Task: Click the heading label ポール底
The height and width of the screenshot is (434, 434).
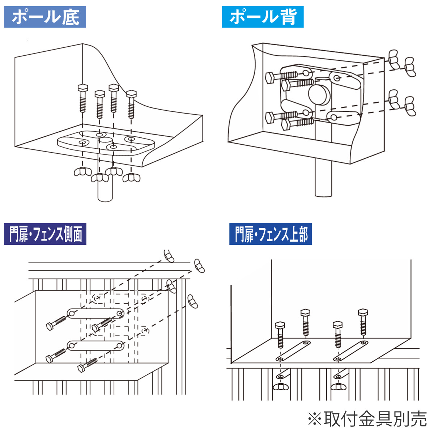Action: click(x=45, y=17)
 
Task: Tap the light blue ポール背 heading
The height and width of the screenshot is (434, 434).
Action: click(x=263, y=17)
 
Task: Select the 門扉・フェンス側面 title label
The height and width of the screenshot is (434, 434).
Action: click(x=45, y=234)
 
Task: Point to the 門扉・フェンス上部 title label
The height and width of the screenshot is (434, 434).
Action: click(x=271, y=234)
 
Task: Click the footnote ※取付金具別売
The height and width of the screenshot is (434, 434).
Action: click(x=367, y=419)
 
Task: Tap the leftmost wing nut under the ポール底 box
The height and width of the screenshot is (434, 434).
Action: click(x=83, y=171)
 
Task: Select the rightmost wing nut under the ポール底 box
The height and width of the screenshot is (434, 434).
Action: click(x=131, y=178)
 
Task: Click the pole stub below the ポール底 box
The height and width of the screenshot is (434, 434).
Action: click(x=105, y=192)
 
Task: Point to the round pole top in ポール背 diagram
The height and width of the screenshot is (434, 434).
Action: click(x=320, y=94)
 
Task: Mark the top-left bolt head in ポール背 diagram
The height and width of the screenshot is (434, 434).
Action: click(x=269, y=78)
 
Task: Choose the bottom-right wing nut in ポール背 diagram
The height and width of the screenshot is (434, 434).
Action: click(x=409, y=106)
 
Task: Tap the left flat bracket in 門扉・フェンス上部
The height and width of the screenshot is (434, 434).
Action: click(x=293, y=350)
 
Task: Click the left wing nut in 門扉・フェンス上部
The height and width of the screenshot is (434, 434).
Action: click(x=280, y=387)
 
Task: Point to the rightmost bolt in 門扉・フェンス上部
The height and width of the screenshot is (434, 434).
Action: click(x=362, y=322)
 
